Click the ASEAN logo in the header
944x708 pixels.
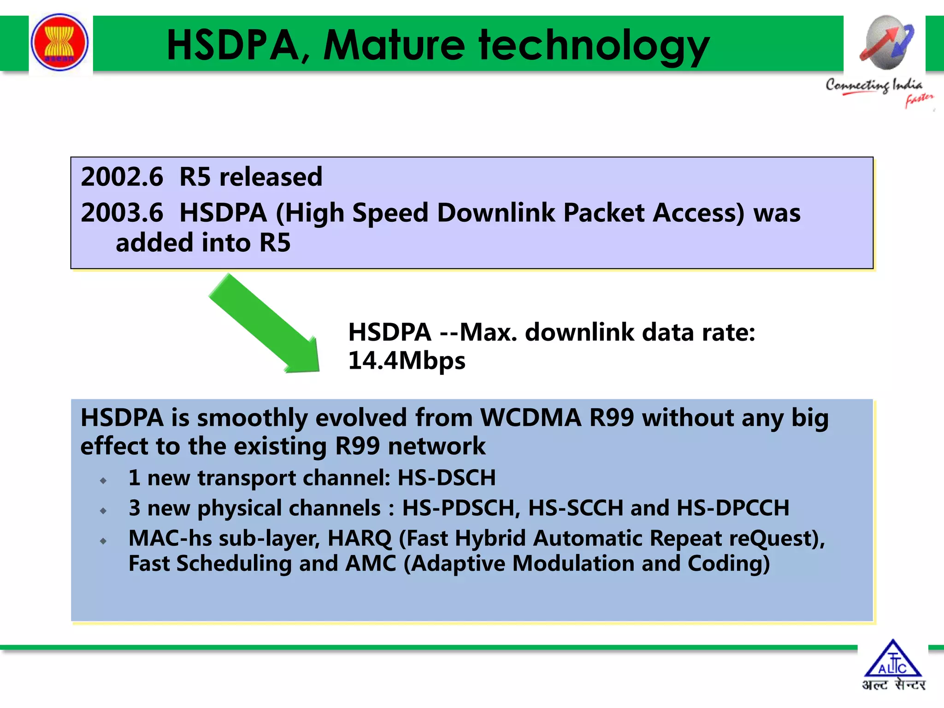tap(59, 42)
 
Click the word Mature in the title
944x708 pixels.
tap(394, 45)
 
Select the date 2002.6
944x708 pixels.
tap(122, 177)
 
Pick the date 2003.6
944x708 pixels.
tap(122, 213)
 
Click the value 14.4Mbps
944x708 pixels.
tap(407, 360)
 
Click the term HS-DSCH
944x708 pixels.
tap(446, 478)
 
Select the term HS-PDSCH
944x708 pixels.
tap(461, 508)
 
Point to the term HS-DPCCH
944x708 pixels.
tap(733, 508)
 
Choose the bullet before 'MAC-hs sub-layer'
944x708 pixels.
tap(103, 541)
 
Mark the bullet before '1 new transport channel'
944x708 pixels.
tap(103, 481)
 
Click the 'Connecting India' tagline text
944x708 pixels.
tap(874, 85)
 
